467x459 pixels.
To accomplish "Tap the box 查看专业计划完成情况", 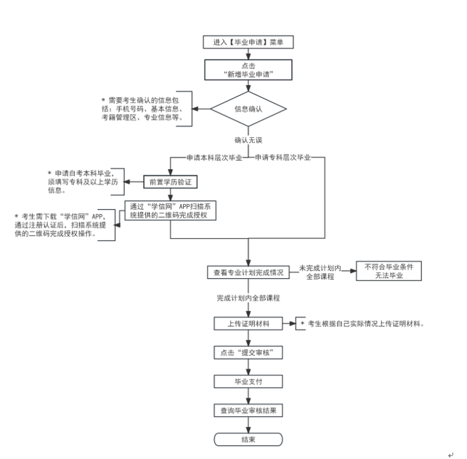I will tap(248, 272).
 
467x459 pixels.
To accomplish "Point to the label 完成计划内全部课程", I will tap(248, 298).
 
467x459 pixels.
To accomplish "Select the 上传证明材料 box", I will tap(248, 323).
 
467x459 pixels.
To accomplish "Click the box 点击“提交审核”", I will tap(248, 352).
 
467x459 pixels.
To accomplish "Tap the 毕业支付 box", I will tap(248, 381).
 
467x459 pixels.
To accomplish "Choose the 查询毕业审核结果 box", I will tap(248, 410).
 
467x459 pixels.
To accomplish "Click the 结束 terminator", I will tap(248, 439).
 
